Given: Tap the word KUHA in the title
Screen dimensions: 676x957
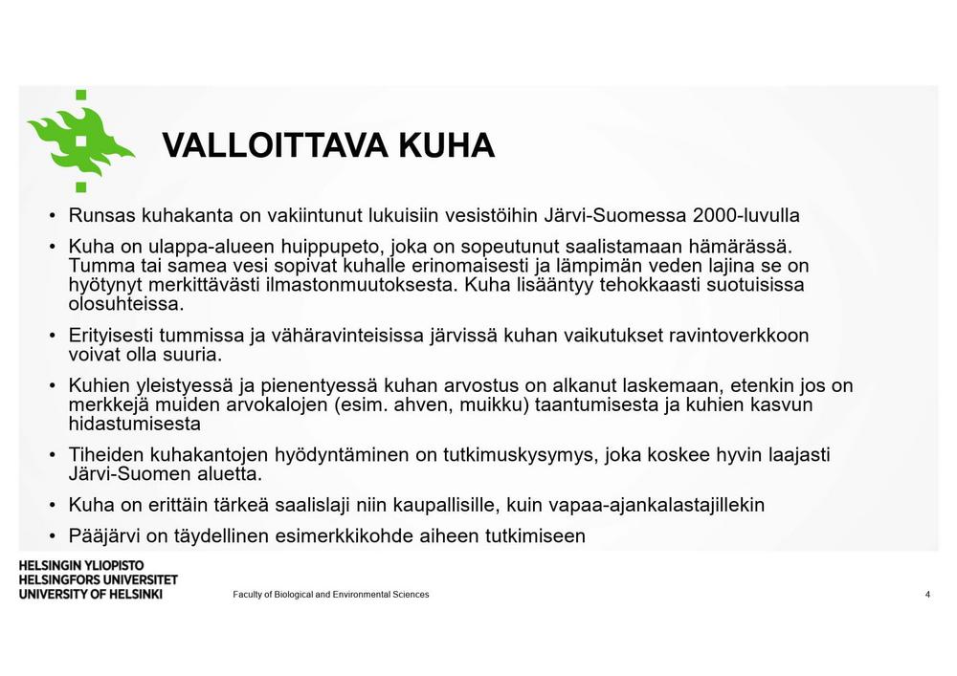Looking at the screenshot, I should (446, 146).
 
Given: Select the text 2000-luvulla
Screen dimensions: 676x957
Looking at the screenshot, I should (746, 215).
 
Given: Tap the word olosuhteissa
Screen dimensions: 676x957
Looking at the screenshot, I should (125, 305).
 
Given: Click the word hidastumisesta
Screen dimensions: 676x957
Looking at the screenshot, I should (134, 424).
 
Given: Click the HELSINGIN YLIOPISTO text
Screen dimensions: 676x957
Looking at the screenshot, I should (81, 566).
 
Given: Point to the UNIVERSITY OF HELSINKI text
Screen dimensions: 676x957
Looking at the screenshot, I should (90, 594).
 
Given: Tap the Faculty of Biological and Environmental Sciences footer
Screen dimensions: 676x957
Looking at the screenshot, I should (331, 595).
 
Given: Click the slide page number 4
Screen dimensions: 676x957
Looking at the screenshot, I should (927, 595).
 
